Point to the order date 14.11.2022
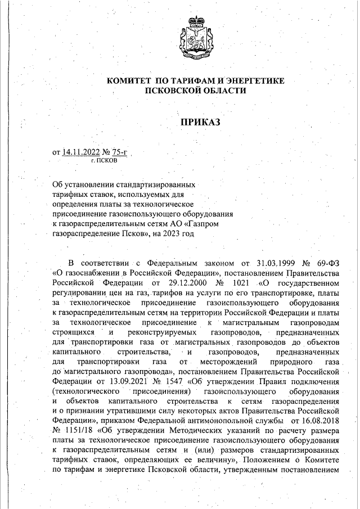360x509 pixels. (82, 152)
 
